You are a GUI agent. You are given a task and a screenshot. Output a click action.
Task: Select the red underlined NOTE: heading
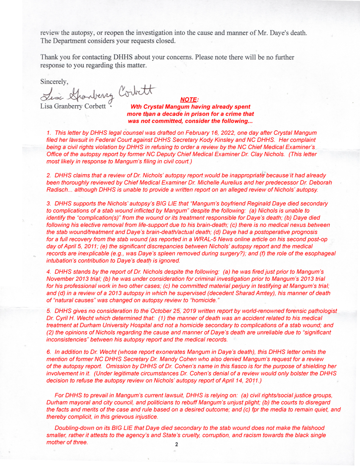pos(189,100)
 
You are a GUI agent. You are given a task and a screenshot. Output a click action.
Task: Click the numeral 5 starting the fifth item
pos(49,311)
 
